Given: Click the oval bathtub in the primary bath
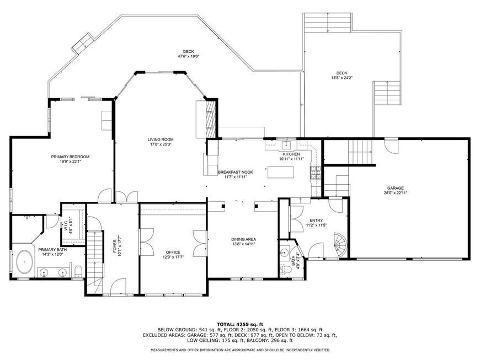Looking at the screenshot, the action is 25,262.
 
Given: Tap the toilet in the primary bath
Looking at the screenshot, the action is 79,271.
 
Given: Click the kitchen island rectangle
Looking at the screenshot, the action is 281,172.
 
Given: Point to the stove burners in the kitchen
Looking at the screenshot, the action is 316,172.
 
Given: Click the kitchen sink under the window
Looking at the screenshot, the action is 287,144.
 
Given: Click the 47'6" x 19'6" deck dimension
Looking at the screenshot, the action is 188,56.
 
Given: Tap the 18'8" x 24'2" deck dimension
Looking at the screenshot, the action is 342,78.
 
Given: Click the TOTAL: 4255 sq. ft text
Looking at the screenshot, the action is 240,324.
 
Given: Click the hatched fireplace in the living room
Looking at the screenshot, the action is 211,119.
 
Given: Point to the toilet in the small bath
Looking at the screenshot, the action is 285,270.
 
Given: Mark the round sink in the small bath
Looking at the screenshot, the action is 284,253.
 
